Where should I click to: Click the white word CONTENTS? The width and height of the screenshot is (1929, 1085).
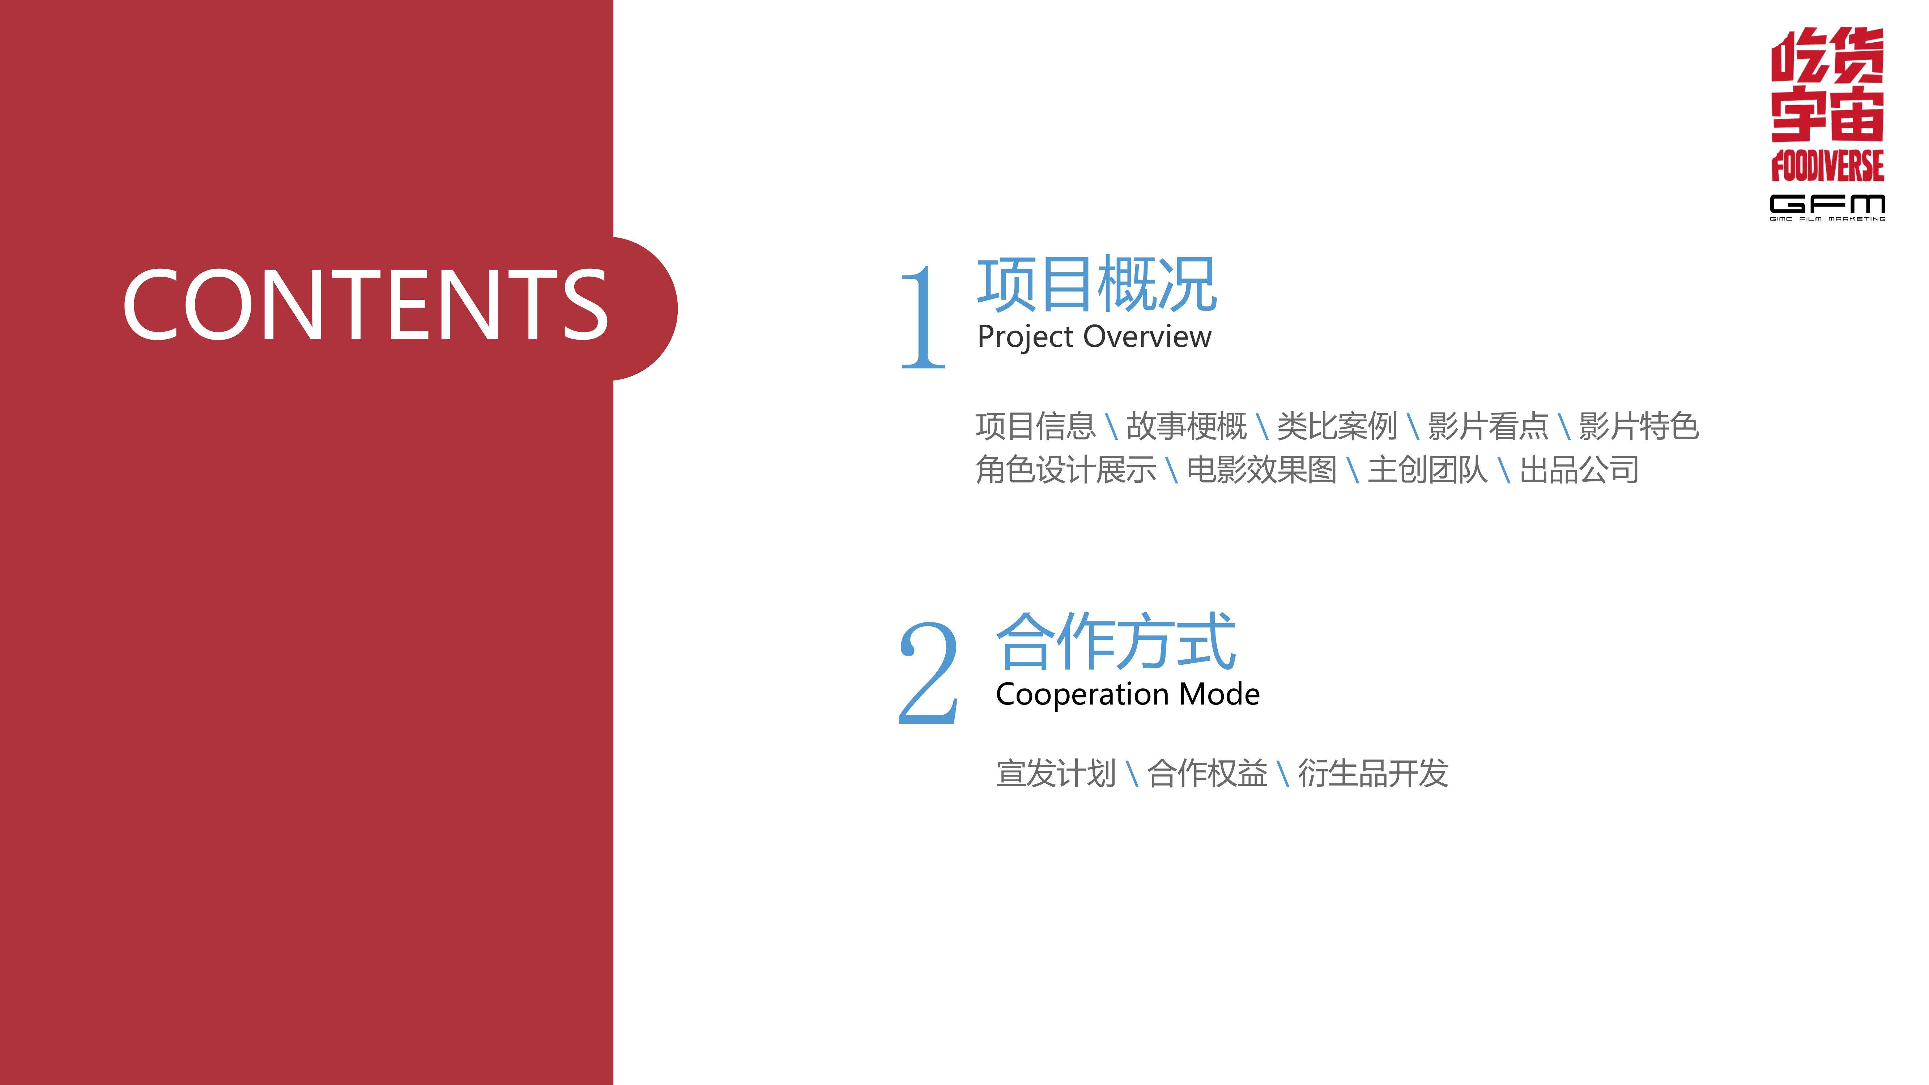365,304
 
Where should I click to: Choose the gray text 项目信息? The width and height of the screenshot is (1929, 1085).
1036,426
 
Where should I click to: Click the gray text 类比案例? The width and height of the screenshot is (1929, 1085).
1337,426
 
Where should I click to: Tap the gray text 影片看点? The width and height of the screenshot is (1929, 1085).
1488,426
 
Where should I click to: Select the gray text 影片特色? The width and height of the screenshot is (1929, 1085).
1639,426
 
